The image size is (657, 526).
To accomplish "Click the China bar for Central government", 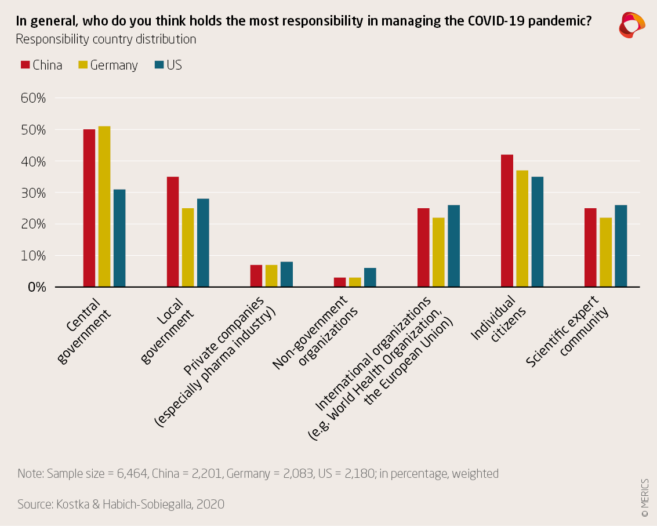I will (x=89, y=208).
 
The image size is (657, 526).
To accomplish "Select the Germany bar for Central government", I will (x=104, y=206).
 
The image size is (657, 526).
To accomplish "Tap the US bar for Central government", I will (x=119, y=238).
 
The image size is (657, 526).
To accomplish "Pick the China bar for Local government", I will (x=173, y=232).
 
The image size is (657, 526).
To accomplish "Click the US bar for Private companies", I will (x=286, y=274).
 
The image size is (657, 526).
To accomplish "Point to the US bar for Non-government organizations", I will (x=370, y=277).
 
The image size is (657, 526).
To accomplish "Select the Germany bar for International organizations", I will (x=438, y=252).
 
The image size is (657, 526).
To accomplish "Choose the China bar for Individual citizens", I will (x=507, y=221).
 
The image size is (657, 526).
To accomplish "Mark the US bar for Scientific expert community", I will (x=620, y=246).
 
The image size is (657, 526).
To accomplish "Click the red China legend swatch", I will (x=25, y=65).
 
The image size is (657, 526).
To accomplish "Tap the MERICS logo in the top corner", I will (x=631, y=24).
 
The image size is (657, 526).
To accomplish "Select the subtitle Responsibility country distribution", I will (x=106, y=39).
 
